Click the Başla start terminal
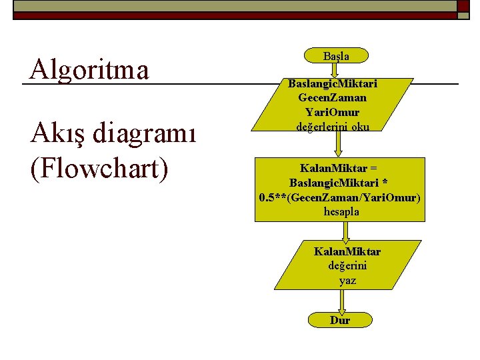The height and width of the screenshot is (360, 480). pyautogui.click(x=336, y=56)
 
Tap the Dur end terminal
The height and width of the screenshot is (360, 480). pyautogui.click(x=339, y=320)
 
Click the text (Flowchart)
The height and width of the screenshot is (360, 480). pyautogui.click(x=98, y=167)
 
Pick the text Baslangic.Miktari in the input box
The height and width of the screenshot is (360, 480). pyautogui.click(x=333, y=84)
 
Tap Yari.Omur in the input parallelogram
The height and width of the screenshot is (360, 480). pyautogui.click(x=332, y=112)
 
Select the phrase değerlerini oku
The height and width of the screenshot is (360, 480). pyautogui.click(x=333, y=126)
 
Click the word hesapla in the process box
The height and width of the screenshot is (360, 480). pyautogui.click(x=341, y=211)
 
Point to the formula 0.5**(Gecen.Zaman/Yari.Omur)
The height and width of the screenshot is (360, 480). pyautogui.click(x=340, y=197)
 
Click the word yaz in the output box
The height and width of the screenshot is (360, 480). pyautogui.click(x=347, y=281)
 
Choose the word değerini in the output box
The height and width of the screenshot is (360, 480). pyautogui.click(x=347, y=266)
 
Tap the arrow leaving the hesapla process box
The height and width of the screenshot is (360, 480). pyautogui.click(x=345, y=231)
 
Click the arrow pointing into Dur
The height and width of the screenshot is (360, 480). pyautogui.click(x=342, y=303)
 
